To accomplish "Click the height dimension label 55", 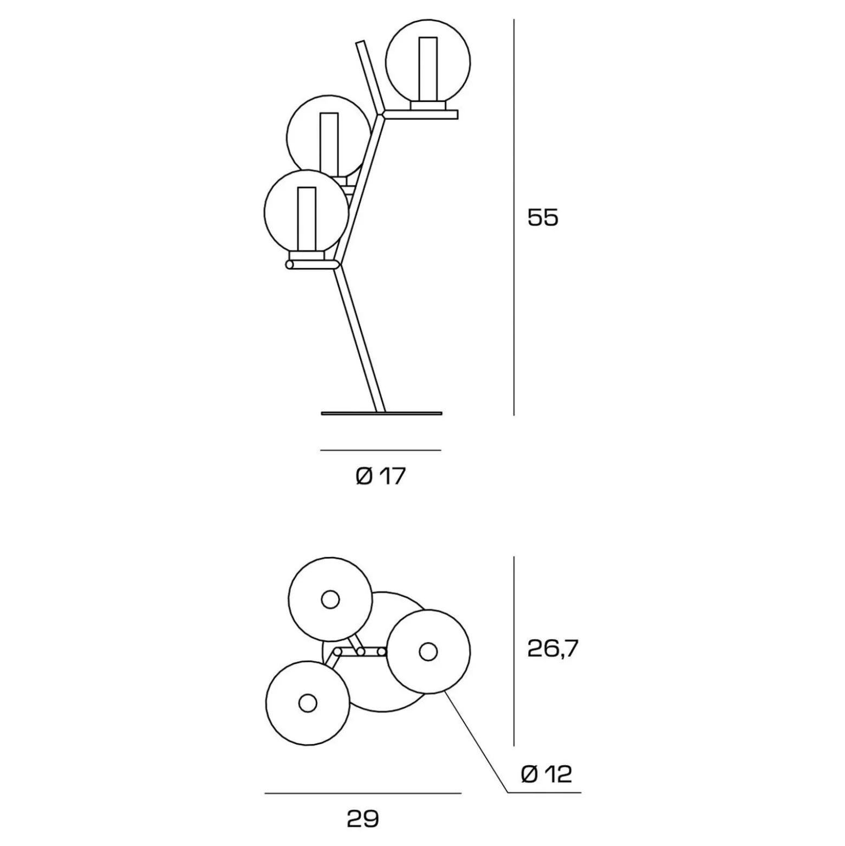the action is tap(543, 217).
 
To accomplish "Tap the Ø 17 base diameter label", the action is tap(381, 476).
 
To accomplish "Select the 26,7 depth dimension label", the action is tap(553, 648).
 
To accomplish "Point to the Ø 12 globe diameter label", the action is tap(546, 774).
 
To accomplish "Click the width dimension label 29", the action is tap(363, 819).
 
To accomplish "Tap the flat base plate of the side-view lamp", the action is tap(381, 414).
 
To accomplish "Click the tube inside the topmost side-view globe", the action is tap(428, 69).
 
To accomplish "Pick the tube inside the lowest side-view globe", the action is tap(307, 219).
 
